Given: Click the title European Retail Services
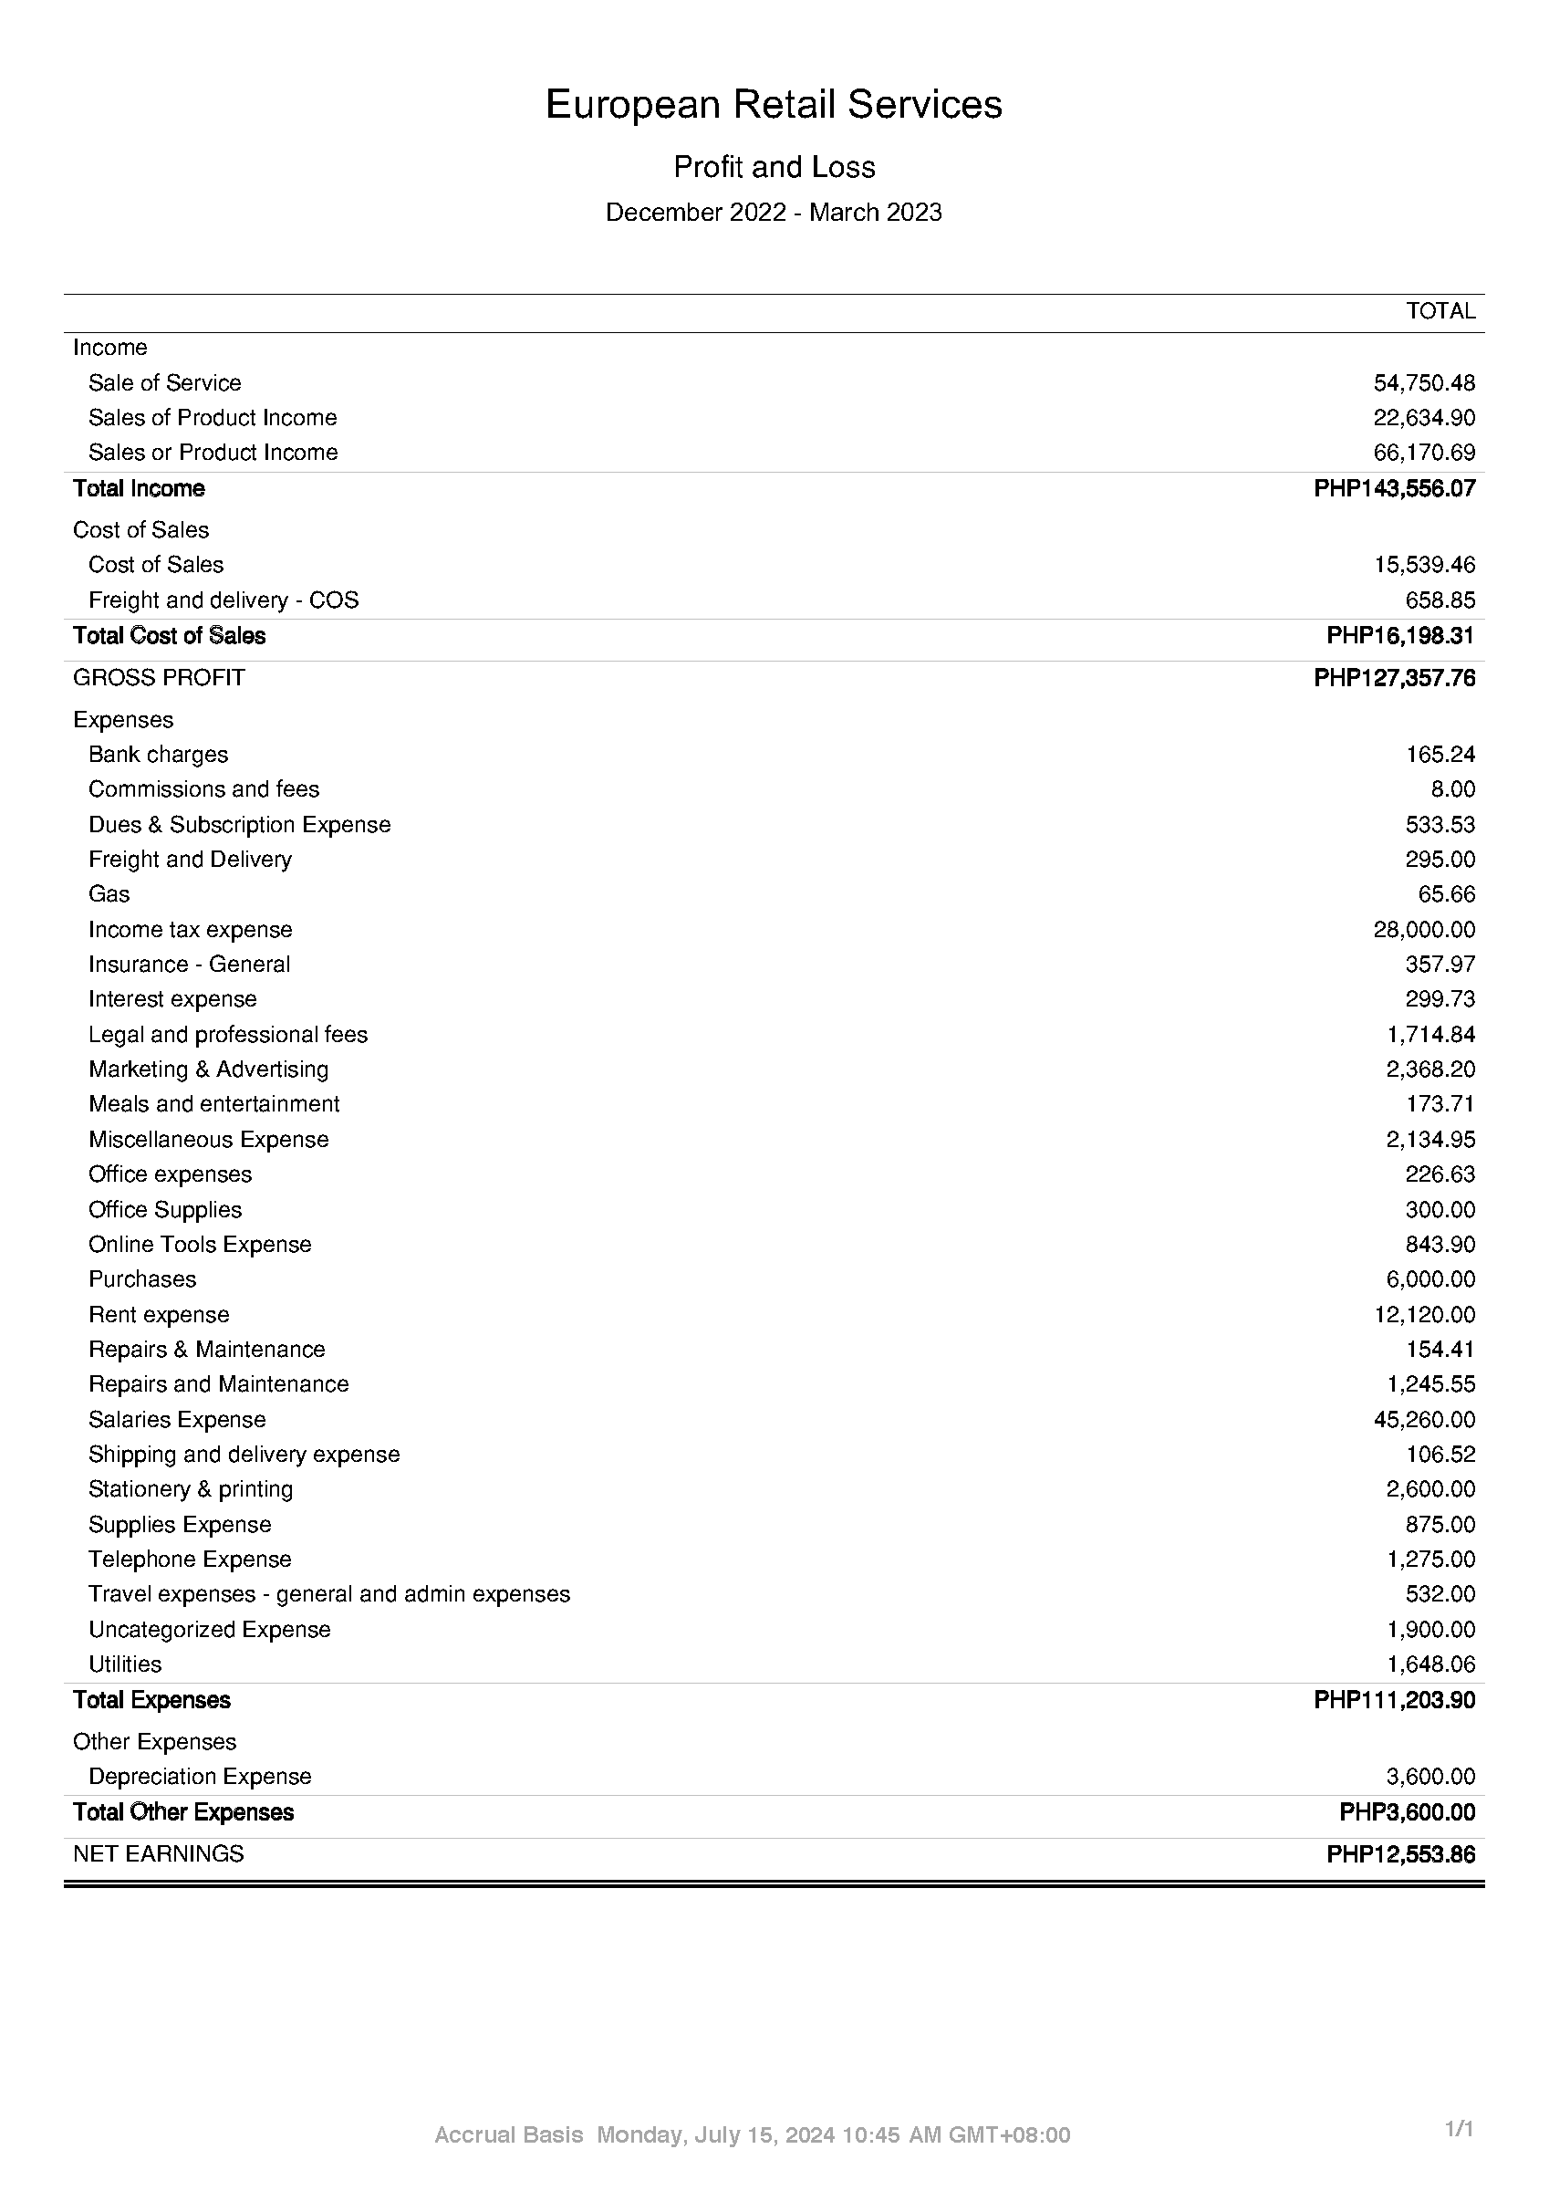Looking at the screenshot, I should (774, 104).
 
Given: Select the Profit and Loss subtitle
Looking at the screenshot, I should (774, 167).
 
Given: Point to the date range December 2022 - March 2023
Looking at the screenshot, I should (774, 212).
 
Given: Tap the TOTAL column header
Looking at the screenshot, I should (1440, 311).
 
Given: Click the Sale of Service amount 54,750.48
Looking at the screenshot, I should (1424, 382).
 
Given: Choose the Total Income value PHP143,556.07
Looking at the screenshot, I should (1394, 488).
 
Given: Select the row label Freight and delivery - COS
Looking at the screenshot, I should (224, 600).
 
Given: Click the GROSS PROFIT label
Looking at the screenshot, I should (159, 677).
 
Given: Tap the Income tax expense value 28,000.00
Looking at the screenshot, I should (1424, 930).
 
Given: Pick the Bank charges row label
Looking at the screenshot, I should (159, 755).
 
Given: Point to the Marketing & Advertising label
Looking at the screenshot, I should (208, 1069).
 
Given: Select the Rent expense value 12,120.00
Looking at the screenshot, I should (1424, 1315).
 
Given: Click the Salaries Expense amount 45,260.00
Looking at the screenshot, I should (1424, 1420).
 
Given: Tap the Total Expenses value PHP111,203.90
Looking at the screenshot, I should (1394, 1699).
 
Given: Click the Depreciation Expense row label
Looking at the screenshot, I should (200, 1777).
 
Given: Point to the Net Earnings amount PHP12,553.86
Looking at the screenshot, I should (1400, 1855).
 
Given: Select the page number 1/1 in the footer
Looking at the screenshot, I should (1460, 2129).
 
